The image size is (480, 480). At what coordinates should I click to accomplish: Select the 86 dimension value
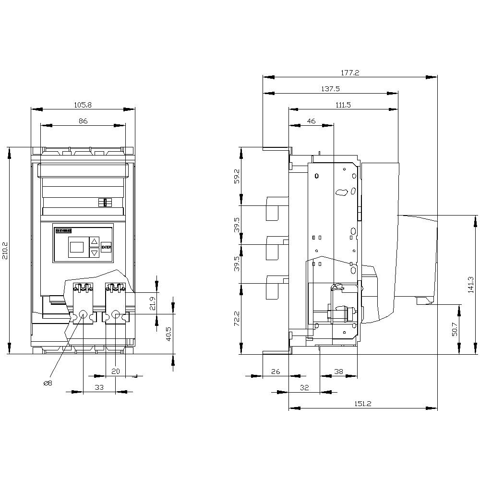point(83,121)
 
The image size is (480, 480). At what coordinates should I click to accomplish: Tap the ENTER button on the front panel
point(106,248)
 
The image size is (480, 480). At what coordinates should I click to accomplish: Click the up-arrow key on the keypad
point(95,242)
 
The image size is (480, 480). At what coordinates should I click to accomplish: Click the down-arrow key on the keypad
point(95,252)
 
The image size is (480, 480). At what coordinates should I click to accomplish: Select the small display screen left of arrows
point(77,247)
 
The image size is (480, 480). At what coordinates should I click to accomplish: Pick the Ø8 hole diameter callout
point(48,383)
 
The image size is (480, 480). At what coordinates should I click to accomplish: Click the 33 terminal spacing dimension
point(99,387)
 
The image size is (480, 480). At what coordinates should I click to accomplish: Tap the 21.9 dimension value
point(152,303)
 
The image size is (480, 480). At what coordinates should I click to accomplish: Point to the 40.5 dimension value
point(169,334)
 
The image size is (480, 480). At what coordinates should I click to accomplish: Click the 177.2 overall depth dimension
point(350,72)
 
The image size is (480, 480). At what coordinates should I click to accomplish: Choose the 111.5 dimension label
point(343,105)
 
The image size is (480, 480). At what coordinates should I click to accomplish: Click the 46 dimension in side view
point(311,121)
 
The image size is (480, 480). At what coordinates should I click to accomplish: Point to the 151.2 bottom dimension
point(363,404)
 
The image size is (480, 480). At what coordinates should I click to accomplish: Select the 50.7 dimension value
point(455,329)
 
